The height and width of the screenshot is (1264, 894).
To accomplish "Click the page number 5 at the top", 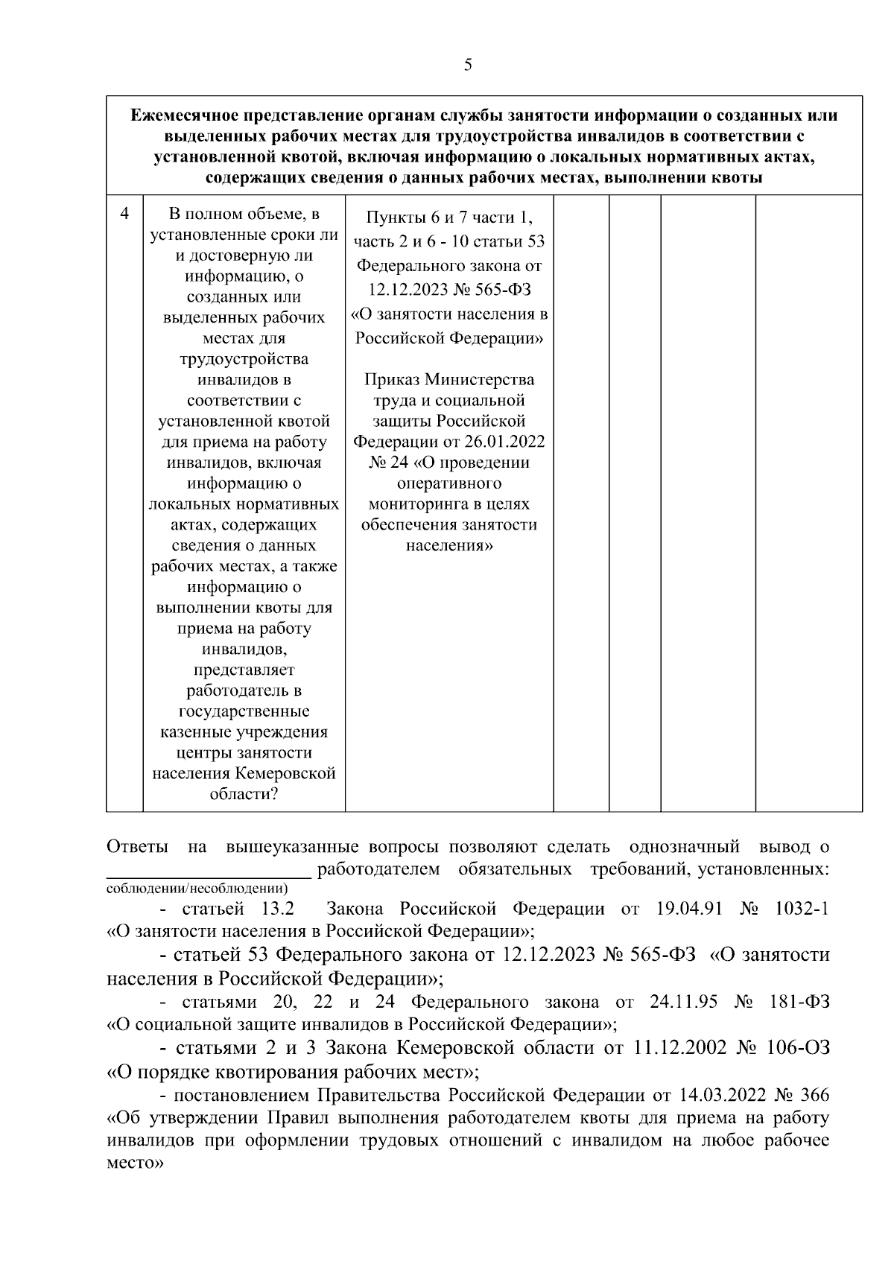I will [467, 66].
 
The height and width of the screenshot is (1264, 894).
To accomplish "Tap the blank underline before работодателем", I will [209, 869].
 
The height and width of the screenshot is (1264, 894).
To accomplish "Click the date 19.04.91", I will [688, 909].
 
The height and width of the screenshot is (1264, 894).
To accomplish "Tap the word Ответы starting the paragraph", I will [138, 847].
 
